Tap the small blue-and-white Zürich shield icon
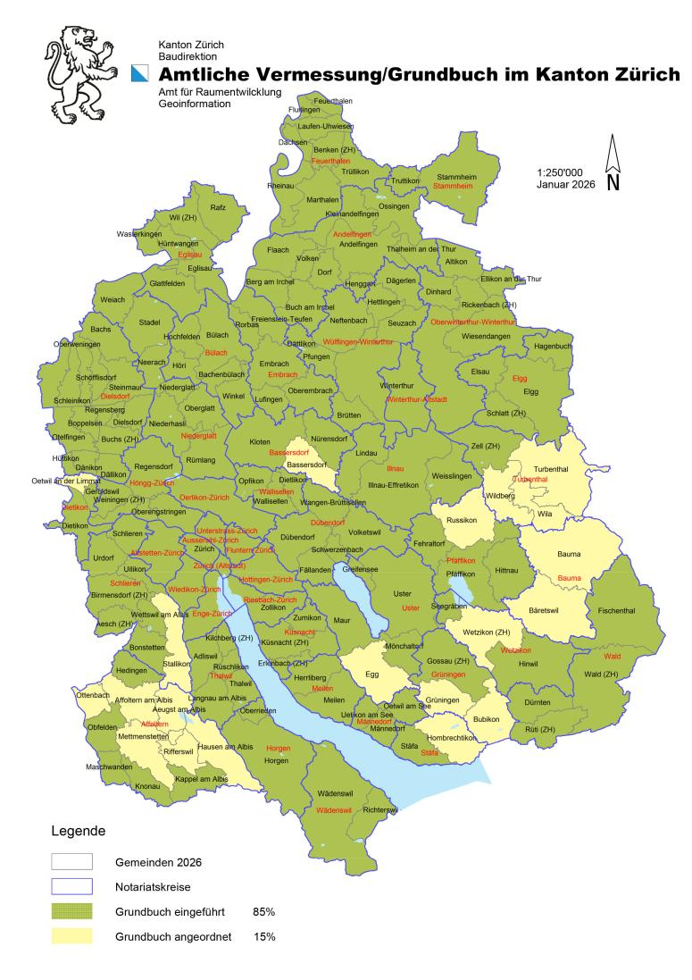[138, 75]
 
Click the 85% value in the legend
[263, 912]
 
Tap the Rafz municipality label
[218, 207]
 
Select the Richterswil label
[381, 809]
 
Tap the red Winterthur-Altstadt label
[416, 398]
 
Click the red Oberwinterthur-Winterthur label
[473, 322]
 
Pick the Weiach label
[113, 299]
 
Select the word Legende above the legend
[77, 831]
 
